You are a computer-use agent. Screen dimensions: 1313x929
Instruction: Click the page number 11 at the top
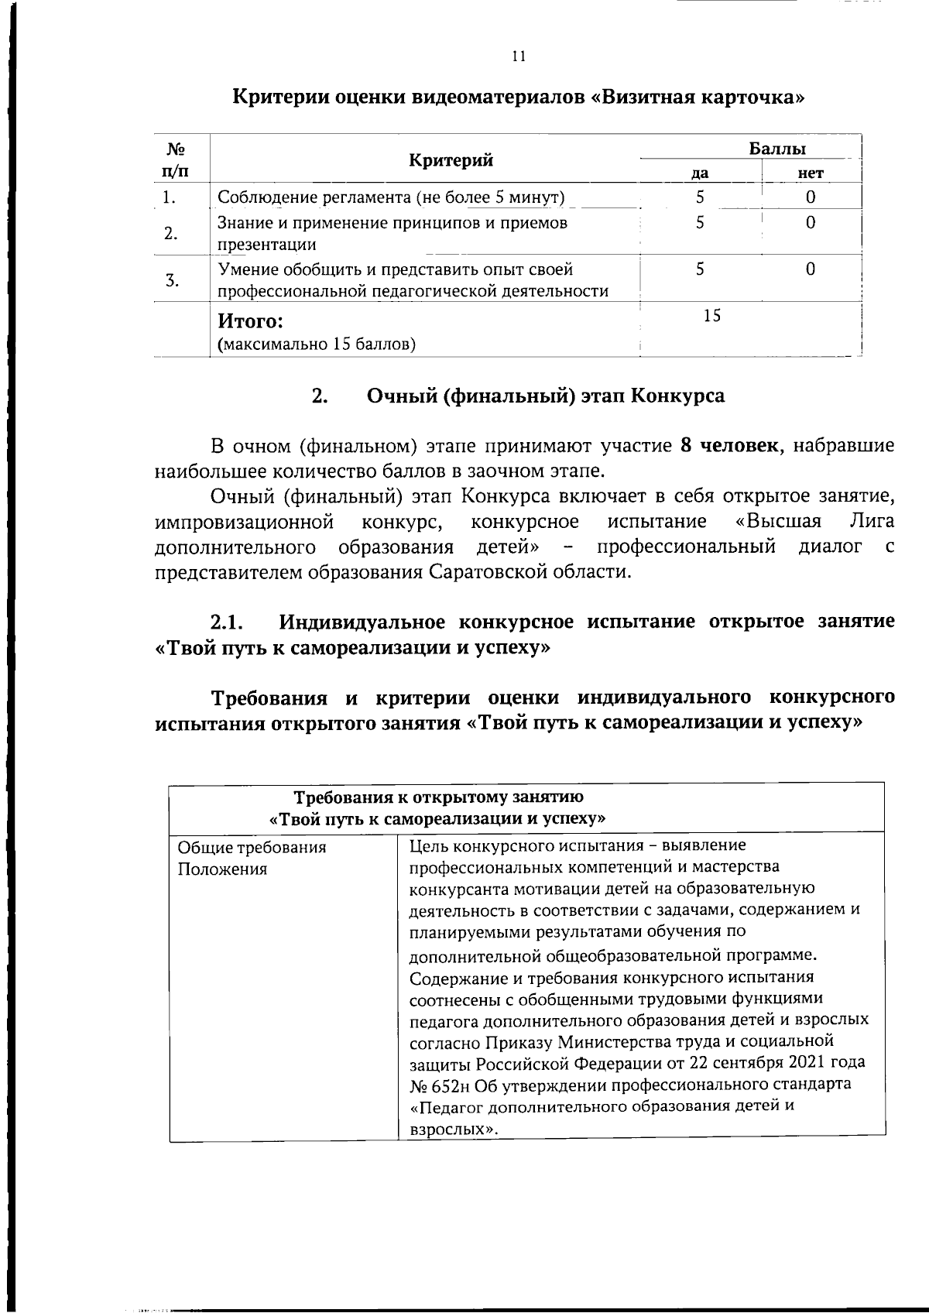pyautogui.click(x=519, y=57)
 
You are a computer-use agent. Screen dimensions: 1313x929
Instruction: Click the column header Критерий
pyautogui.click(x=451, y=160)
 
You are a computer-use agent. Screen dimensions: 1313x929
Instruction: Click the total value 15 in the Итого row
pyautogui.click(x=711, y=315)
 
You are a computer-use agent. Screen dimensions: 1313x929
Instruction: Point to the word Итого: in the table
pyautogui.click(x=250, y=321)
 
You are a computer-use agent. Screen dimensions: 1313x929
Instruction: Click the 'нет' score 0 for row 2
pyautogui.click(x=810, y=223)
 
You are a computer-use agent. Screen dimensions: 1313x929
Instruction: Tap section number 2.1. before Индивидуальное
pyautogui.click(x=228, y=622)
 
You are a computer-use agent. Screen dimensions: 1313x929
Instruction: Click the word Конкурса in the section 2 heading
pyautogui.click(x=678, y=396)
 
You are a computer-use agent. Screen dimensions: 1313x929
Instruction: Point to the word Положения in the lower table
pyautogui.click(x=222, y=869)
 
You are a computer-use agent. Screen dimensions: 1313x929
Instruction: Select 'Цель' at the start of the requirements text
pyautogui.click(x=427, y=845)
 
